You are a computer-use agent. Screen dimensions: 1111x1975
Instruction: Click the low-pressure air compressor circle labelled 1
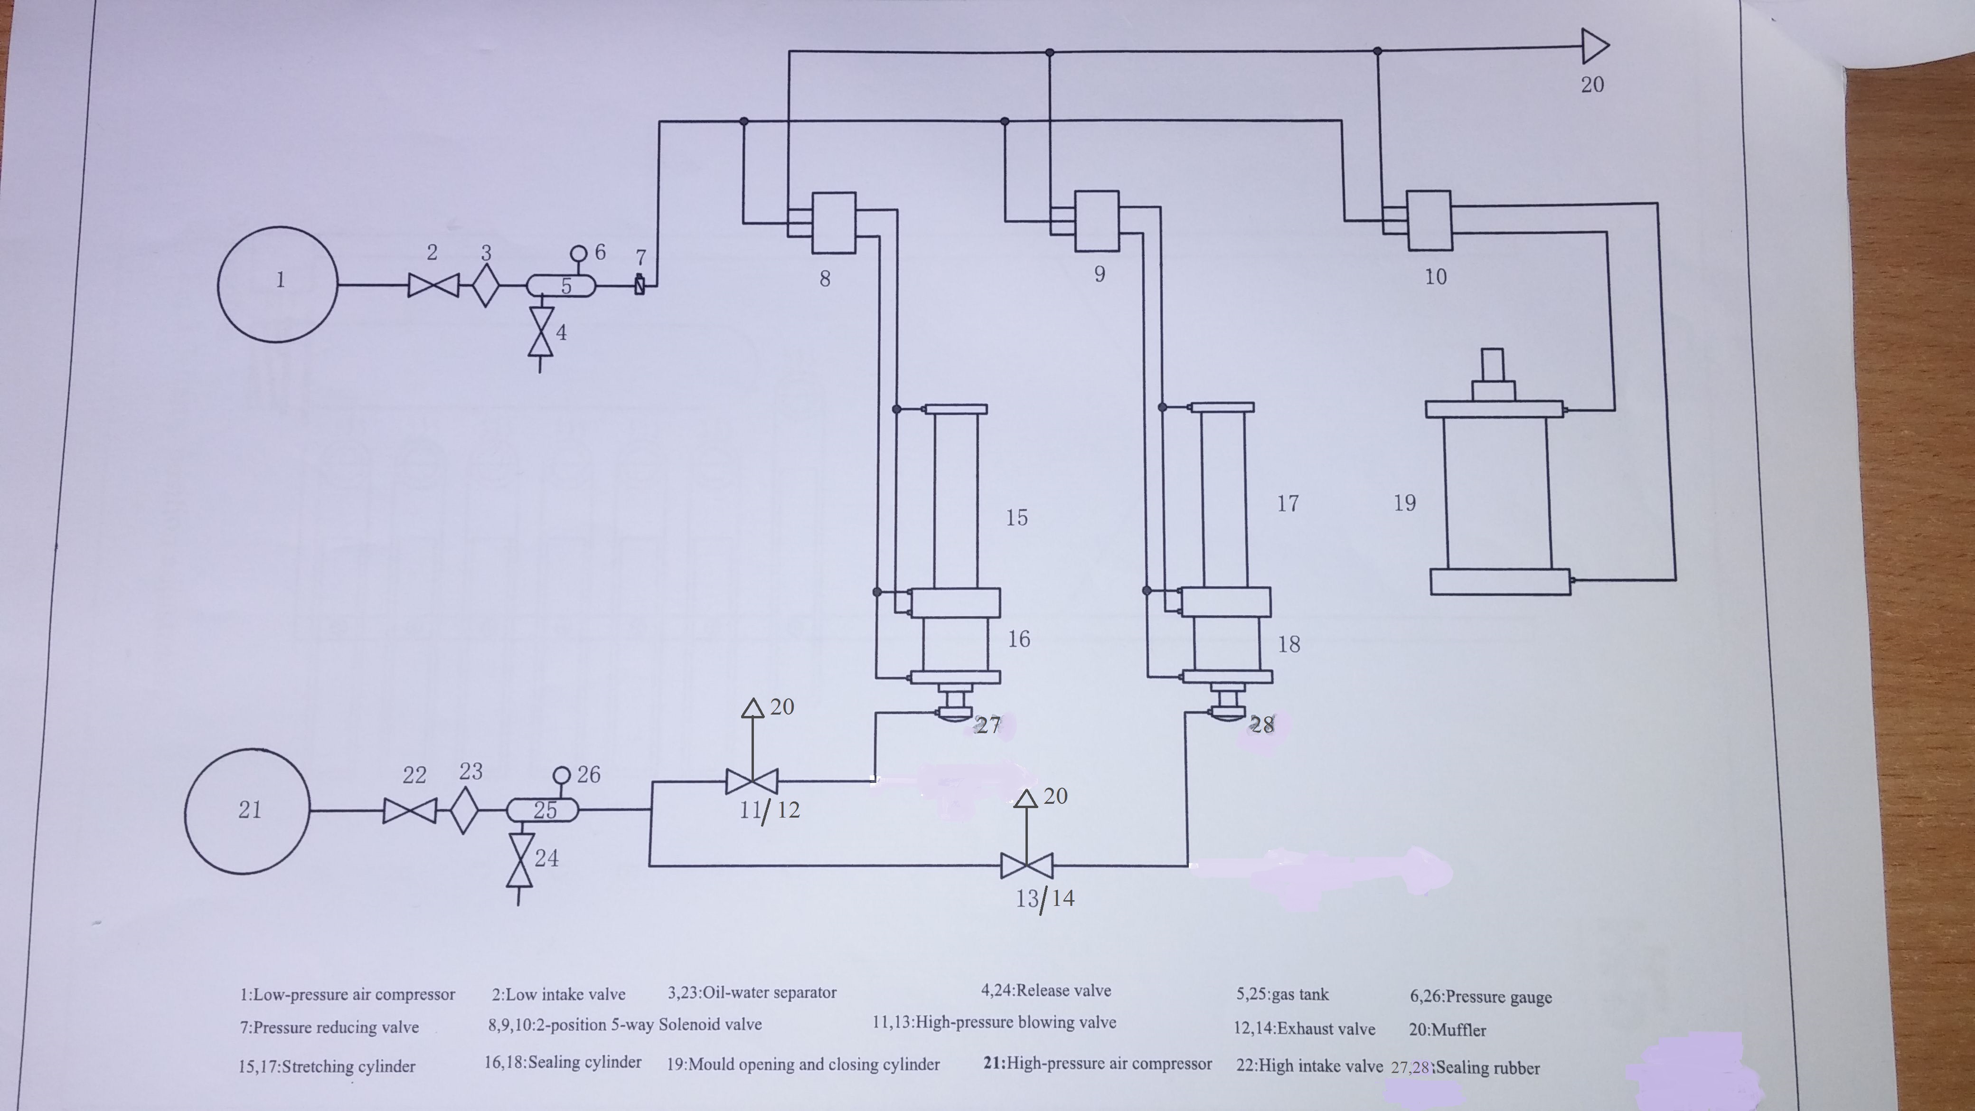click(x=278, y=284)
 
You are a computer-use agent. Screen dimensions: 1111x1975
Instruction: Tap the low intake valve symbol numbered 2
click(x=433, y=285)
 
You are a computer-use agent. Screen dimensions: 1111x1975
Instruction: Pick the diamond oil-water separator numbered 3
click(x=485, y=285)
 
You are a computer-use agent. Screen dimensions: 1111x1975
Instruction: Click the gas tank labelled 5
click(x=560, y=286)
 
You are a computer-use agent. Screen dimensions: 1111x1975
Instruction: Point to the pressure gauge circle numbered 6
click(x=579, y=253)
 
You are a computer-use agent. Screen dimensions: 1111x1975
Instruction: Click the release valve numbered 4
click(x=541, y=331)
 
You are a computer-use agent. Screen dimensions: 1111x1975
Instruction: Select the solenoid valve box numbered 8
click(x=833, y=222)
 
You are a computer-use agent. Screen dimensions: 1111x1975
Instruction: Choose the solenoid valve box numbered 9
click(x=1096, y=221)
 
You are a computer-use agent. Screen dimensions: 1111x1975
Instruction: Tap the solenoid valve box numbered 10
click(x=1429, y=221)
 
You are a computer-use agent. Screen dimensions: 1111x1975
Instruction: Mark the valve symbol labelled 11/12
click(x=752, y=782)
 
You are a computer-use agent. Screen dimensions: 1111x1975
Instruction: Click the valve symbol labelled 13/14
click(x=1026, y=866)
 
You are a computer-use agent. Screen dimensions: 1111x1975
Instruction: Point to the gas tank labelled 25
click(x=543, y=810)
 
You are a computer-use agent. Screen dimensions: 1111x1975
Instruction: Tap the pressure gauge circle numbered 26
click(x=562, y=774)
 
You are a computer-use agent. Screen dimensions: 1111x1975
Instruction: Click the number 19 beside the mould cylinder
click(x=1405, y=503)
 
